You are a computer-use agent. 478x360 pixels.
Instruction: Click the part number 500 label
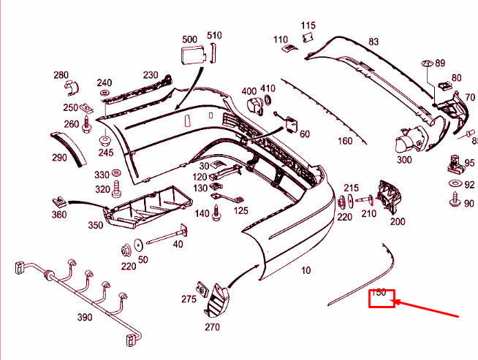click(x=189, y=38)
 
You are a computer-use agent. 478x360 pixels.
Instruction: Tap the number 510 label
click(x=213, y=35)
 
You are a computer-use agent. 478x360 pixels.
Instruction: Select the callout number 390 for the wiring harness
click(x=85, y=318)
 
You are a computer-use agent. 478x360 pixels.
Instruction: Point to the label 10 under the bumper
click(x=306, y=270)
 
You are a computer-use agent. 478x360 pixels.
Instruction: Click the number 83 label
click(x=373, y=42)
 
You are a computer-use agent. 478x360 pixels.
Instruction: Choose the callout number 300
click(x=403, y=159)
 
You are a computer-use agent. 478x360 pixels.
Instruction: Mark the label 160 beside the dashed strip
click(x=345, y=141)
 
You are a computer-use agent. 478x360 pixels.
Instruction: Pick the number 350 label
click(x=96, y=226)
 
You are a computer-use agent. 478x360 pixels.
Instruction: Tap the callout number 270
click(x=212, y=326)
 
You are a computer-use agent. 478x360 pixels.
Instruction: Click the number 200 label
click(x=398, y=221)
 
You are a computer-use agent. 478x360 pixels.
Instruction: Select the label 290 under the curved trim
click(x=58, y=158)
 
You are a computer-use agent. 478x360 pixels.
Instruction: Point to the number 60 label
click(x=304, y=134)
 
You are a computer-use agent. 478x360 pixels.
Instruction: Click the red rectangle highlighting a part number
click(x=381, y=297)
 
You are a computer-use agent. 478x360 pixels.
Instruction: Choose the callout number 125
click(x=240, y=210)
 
